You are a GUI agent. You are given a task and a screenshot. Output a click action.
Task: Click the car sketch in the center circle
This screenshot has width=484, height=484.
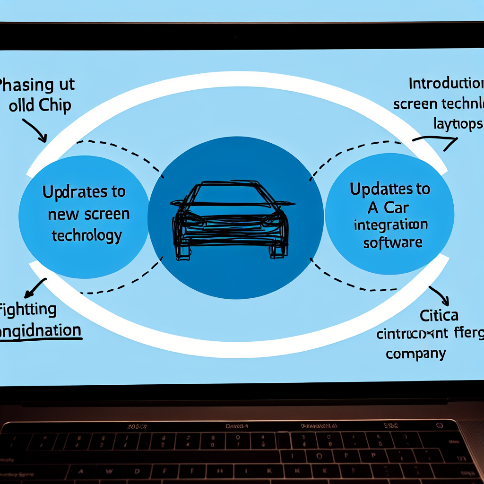click(x=232, y=220)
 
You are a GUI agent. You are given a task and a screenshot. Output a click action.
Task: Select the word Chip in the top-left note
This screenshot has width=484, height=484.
click(x=54, y=105)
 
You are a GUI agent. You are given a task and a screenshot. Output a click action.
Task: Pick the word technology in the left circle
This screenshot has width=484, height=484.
click(x=86, y=235)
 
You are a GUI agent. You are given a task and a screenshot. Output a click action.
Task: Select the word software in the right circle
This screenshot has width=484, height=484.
click(x=392, y=242)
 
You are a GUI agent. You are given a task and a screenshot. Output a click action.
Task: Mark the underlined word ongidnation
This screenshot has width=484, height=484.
click(x=40, y=330)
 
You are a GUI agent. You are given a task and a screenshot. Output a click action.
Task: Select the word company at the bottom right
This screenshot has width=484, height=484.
click(x=415, y=353)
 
